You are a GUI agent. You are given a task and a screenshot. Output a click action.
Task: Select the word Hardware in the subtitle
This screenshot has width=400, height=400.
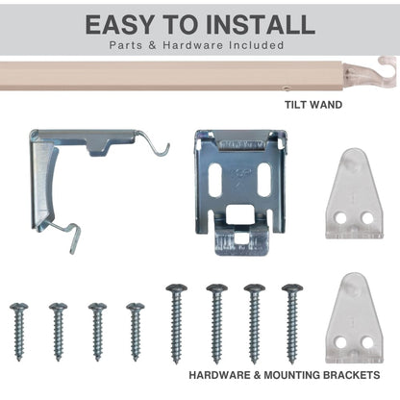(192, 45)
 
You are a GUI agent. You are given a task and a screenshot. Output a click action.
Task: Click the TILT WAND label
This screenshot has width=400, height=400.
(313, 105)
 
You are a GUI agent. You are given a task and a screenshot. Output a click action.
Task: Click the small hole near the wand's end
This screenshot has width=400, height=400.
(287, 87)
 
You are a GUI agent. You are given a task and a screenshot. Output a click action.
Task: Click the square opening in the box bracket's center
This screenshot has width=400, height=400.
(239, 214)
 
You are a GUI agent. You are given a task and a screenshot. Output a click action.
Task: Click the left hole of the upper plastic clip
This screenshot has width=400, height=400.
(340, 218)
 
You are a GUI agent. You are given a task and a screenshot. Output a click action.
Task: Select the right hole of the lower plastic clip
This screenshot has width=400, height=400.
(367, 343)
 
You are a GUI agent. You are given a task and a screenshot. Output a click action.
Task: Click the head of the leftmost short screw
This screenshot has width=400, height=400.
(18, 307)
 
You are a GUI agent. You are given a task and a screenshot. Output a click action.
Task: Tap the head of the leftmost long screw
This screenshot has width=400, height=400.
(176, 287)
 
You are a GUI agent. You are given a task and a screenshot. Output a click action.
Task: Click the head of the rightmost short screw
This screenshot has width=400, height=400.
(136, 307)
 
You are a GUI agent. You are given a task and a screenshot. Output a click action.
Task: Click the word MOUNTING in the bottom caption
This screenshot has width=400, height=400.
(291, 375)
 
